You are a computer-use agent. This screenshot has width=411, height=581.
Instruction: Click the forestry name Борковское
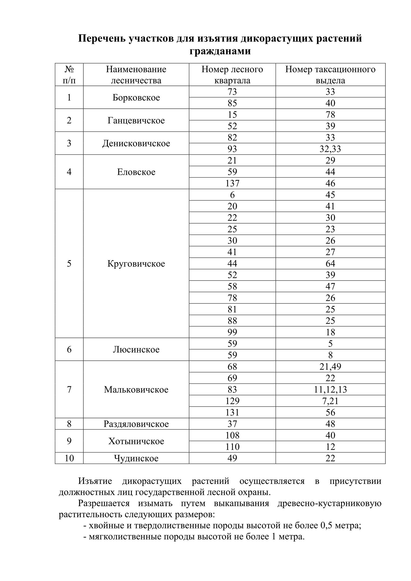136,97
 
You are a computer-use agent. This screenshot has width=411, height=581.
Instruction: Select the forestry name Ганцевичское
136,120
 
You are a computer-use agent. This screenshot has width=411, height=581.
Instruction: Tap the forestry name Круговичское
136,263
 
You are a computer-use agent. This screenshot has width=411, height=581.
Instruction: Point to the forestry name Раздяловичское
136,424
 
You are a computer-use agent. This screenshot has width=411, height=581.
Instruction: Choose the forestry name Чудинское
136,458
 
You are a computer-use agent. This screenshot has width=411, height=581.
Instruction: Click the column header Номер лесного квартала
232,75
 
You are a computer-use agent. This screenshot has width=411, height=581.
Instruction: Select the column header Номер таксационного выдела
330,75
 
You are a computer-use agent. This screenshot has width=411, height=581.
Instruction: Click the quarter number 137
232,183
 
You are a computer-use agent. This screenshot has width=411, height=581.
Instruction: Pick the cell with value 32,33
330,149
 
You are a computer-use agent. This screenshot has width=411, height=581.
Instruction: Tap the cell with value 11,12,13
330,389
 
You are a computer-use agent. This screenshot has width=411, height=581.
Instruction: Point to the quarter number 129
232,401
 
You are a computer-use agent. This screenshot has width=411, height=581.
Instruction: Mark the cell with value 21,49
330,367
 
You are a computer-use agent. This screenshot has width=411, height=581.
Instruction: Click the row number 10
69,458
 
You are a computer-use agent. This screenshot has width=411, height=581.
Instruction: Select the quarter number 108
232,435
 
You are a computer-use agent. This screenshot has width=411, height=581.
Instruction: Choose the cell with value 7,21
330,401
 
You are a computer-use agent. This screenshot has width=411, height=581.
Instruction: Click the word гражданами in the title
220,51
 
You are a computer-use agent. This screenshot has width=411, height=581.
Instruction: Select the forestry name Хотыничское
136,441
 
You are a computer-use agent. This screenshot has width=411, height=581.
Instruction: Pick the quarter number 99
232,332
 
